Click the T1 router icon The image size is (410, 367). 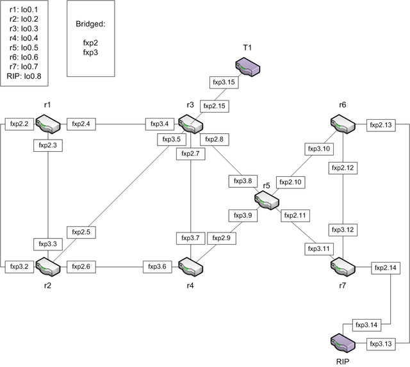tap(247, 65)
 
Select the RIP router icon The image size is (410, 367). tap(343, 343)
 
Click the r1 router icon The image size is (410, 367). tap(48, 122)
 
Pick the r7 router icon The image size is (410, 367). tap(343, 265)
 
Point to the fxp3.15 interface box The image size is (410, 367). tap(224, 83)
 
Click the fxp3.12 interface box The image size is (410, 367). tap(343, 229)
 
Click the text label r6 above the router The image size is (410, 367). tap(343, 104)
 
